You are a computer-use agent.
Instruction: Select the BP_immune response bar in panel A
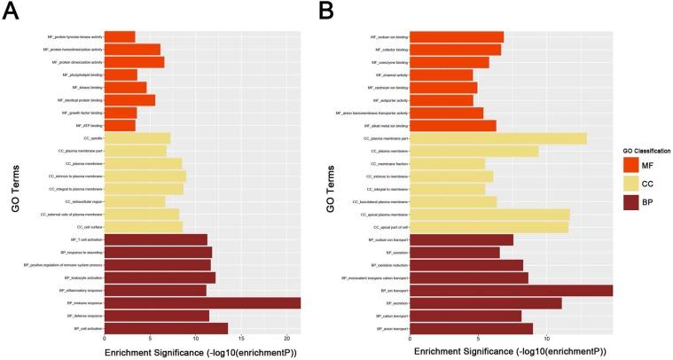pyautogui.click(x=202, y=302)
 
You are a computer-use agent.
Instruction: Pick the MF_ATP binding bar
pyautogui.click(x=120, y=125)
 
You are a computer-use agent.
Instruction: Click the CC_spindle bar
pyautogui.click(x=137, y=138)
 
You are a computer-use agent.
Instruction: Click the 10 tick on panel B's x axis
pyautogui.click(x=547, y=339)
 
